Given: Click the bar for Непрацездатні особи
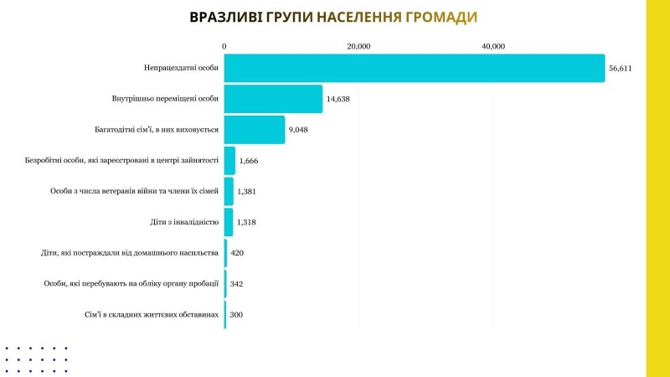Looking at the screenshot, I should [x=415, y=68].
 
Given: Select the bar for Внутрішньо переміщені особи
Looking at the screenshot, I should [x=273, y=99].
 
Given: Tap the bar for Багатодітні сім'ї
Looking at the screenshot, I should [x=255, y=130].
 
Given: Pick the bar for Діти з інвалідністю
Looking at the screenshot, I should [x=229, y=222].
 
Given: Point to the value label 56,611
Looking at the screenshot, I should [x=621, y=69].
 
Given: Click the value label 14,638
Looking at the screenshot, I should [x=338, y=100].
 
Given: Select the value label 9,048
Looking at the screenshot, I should [x=299, y=131].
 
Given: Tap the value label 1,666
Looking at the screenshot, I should [x=250, y=161].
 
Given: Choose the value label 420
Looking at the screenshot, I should [x=236, y=253].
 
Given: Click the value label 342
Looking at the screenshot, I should [x=236, y=284].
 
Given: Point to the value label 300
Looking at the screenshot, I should [x=236, y=315].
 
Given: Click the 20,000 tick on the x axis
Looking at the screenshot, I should [x=358, y=46].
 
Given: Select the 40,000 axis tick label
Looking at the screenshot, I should [x=492, y=46].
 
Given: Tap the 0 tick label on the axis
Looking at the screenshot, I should [x=224, y=46].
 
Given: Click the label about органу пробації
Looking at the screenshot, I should [x=131, y=284].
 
